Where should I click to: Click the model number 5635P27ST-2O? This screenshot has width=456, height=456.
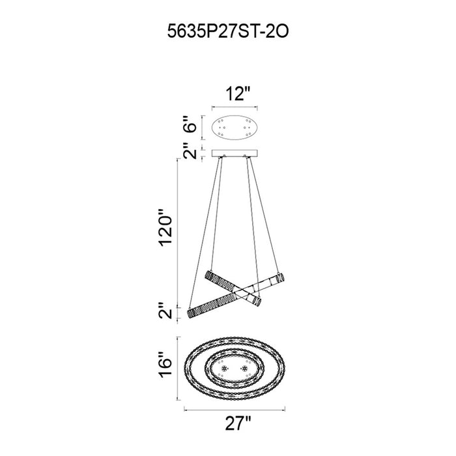(x=228, y=31)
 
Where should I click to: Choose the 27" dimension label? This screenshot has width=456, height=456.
(x=238, y=423)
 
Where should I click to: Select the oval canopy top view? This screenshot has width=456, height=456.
(x=235, y=127)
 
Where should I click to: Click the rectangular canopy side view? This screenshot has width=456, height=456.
(x=235, y=153)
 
